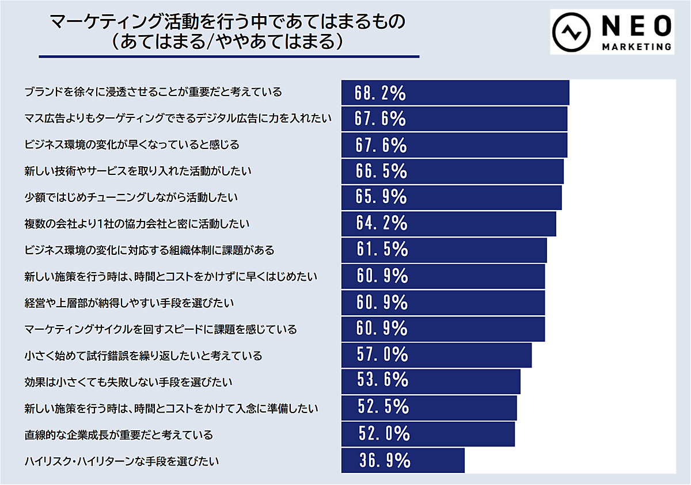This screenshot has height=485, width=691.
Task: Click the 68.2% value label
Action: coord(381,93)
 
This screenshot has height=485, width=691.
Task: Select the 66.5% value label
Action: coord(381,171)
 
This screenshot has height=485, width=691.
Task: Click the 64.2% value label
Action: coord(381,223)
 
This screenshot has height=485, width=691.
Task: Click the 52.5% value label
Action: coord(382,407)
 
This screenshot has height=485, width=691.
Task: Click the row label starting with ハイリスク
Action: coord(122,461)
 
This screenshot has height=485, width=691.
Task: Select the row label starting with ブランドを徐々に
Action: coord(153,92)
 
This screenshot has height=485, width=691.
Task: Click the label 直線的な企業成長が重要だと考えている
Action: coord(119,434)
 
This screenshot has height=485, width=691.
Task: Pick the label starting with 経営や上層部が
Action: coord(129,303)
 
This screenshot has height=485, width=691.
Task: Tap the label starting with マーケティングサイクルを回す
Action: coord(161,329)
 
